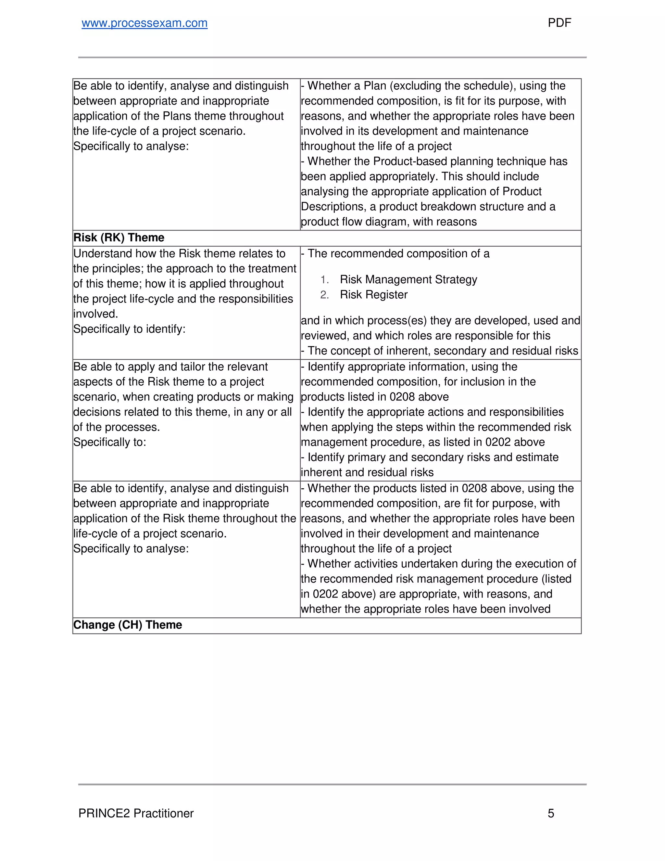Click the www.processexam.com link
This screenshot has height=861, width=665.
pos(144,23)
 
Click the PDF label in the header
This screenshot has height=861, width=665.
pos(559,23)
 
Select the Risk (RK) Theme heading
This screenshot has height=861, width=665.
pos(119,238)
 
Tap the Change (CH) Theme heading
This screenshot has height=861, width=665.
pos(128,625)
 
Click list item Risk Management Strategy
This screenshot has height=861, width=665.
pos(408,279)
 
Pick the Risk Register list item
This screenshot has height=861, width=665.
pos(373,295)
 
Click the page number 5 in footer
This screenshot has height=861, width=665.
pos(551,813)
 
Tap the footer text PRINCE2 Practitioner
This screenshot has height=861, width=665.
pos(136,813)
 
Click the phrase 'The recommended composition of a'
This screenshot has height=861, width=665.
pos(398,254)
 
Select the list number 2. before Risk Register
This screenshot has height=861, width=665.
pos(324,295)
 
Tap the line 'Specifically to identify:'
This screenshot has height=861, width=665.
pos(129,329)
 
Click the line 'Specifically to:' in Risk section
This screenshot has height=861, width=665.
pos(109,442)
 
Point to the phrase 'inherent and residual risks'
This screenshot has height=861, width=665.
pos(367,473)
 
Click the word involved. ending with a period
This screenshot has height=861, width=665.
pos(95,314)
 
